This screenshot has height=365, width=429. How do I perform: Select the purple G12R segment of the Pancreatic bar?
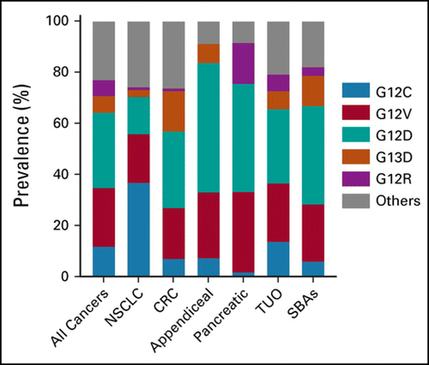tap(243, 64)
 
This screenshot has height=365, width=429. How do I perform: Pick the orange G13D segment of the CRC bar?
tap(174, 111)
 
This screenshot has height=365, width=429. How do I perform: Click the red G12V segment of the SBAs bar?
tap(313, 233)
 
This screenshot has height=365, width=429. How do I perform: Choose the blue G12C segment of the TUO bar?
tap(278, 259)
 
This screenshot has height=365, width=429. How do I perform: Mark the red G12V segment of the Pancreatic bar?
tap(243, 232)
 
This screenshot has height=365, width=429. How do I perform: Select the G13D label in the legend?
tap(394, 157)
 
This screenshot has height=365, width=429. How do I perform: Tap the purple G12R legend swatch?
tap(356, 179)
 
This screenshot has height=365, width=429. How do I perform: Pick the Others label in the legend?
tap(398, 201)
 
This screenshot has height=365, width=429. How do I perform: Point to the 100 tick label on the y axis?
tap(58, 21)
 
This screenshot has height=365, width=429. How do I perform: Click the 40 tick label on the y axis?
tap(61, 174)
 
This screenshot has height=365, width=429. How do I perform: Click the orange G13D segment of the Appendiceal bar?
tap(208, 54)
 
